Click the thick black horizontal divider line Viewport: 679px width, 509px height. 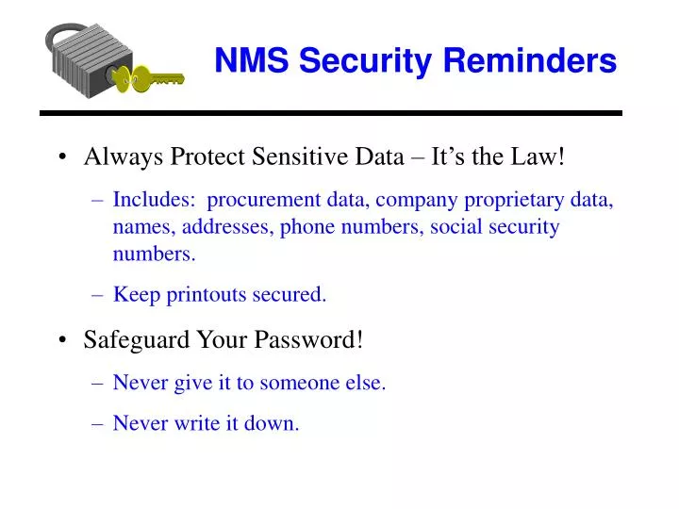330,113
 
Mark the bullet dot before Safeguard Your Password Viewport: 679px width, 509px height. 61,340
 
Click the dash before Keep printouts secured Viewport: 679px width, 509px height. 100,294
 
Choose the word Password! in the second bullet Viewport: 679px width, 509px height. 317,339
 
